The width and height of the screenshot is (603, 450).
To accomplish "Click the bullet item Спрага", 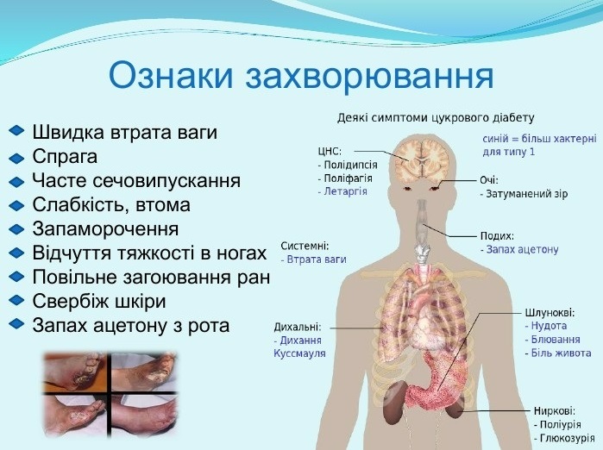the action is point(65,157).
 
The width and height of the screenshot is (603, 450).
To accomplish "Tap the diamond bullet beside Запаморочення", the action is point(16,229).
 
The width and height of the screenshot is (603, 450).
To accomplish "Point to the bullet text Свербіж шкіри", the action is point(99,301).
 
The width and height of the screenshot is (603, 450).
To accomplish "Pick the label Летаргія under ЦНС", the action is point(345,191).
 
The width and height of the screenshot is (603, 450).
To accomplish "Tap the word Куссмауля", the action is point(299,353).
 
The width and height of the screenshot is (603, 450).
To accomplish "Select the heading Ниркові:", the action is point(555,411).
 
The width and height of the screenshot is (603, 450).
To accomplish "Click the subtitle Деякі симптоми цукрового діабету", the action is point(436,117).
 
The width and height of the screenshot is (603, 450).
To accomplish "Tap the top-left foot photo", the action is point(76,372).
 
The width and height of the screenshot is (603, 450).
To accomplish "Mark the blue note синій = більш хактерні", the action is point(539,138).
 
